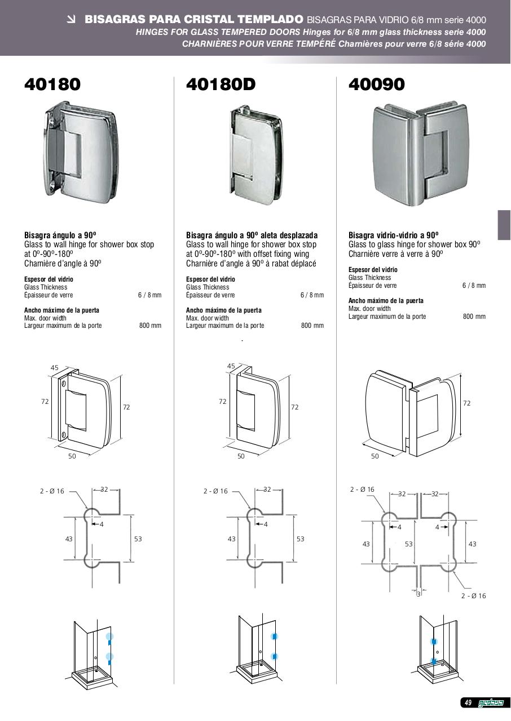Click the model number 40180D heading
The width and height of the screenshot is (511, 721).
221,84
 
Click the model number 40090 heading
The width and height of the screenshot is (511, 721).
376,84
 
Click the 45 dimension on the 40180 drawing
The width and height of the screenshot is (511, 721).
55,368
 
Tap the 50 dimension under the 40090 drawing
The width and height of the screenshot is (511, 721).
375,456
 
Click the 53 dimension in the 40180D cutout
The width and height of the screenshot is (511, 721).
300,539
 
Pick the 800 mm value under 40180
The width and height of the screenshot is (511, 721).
150,326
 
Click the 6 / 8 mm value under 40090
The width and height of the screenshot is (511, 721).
474,285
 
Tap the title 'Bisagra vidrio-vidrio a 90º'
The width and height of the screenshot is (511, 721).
393,235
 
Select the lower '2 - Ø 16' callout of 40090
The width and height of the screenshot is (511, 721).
473,596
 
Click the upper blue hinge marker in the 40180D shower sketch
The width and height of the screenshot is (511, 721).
275,637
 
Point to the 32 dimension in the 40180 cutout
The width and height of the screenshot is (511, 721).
104,489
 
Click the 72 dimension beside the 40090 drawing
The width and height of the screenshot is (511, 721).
467,403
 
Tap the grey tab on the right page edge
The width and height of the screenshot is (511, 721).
504,225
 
